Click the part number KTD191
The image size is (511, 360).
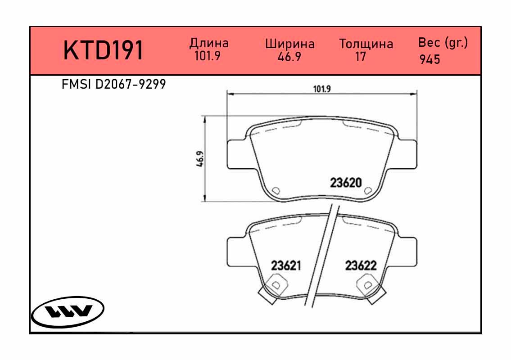103,50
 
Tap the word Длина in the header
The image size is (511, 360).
209,43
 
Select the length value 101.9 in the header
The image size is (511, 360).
207,56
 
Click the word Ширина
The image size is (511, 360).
290,44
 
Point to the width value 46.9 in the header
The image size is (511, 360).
289,57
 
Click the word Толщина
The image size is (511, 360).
366,44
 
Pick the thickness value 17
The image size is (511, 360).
361,57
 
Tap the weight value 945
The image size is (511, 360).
430,59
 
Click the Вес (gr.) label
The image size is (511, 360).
443,43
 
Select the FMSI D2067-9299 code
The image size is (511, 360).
114,85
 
